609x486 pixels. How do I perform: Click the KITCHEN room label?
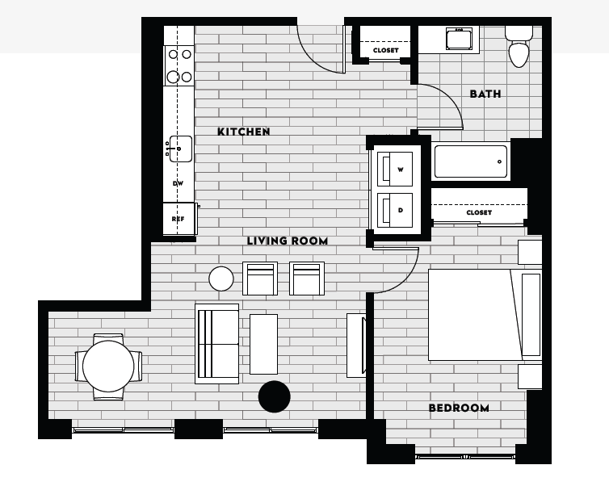(x=243, y=132)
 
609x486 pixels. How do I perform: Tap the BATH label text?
(x=485, y=94)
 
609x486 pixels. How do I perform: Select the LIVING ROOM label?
(x=287, y=241)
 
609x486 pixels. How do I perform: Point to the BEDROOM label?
(x=458, y=408)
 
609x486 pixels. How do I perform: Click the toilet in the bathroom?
(x=518, y=49)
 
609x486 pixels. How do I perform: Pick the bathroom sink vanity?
(x=460, y=39)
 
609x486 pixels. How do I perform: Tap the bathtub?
(x=471, y=161)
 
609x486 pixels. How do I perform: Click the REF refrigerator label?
(x=178, y=219)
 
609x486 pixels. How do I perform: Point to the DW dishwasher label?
(x=178, y=183)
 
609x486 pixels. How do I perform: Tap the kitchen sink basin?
(x=180, y=149)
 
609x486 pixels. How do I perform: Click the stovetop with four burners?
(x=178, y=66)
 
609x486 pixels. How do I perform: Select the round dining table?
(x=108, y=367)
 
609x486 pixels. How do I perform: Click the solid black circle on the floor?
(x=274, y=396)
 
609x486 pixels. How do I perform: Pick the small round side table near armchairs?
(x=221, y=279)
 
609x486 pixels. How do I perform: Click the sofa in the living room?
(x=216, y=344)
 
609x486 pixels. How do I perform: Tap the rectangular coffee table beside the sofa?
(x=263, y=344)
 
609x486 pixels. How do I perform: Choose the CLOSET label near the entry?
(x=385, y=50)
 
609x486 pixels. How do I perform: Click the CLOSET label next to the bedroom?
(x=478, y=212)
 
